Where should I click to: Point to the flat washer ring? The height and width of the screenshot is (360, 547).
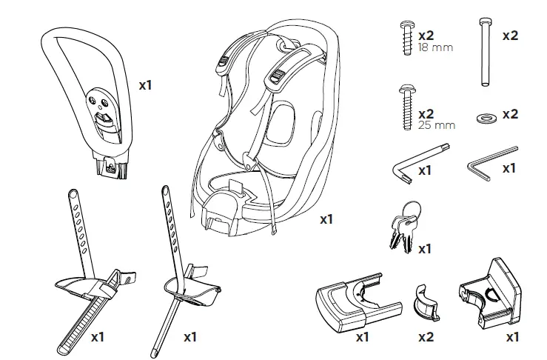[486, 116]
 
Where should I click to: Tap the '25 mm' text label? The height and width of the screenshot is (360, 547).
[436, 125]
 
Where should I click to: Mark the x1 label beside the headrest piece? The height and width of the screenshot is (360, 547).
[145, 85]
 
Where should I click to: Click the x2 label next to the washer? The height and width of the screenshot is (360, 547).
[510, 114]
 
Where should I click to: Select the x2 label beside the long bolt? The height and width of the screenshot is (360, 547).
[510, 35]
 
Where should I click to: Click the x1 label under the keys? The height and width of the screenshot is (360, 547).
[424, 249]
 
